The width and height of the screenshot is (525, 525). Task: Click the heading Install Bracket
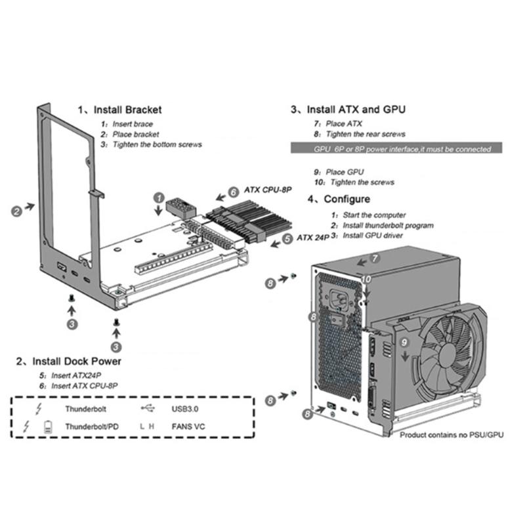[x=120, y=110]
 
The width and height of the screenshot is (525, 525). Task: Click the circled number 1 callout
[x=159, y=197]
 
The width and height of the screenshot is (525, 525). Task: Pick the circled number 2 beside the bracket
[x=16, y=211]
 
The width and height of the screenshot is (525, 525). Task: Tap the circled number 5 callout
[x=287, y=239]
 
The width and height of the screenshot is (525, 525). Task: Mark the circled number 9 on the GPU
[x=405, y=342]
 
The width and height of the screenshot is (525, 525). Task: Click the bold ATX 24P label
[x=312, y=237]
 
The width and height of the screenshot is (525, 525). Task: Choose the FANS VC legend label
[x=186, y=426]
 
